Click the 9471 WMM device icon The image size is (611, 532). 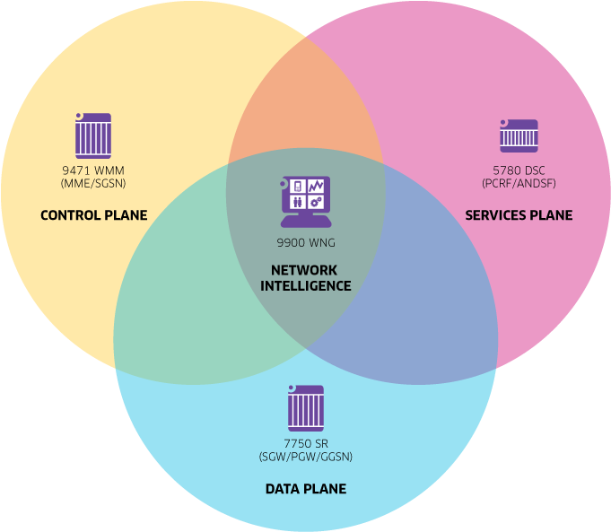(x=92, y=135)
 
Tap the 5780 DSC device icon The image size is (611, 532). (x=518, y=136)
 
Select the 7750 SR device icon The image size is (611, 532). (x=305, y=408)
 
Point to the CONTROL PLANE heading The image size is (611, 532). (x=93, y=215)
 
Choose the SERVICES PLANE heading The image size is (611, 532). (x=518, y=215)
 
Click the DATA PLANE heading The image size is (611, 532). (x=305, y=489)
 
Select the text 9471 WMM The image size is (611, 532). (x=93, y=170)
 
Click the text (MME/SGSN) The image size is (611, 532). (x=93, y=183)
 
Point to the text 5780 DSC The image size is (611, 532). (x=519, y=170)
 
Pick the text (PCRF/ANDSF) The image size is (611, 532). (x=519, y=183)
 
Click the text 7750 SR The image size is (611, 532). (x=305, y=444)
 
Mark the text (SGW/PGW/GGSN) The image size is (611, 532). (x=305, y=457)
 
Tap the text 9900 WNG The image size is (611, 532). (x=306, y=242)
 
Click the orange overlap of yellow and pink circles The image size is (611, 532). (x=305, y=108)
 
